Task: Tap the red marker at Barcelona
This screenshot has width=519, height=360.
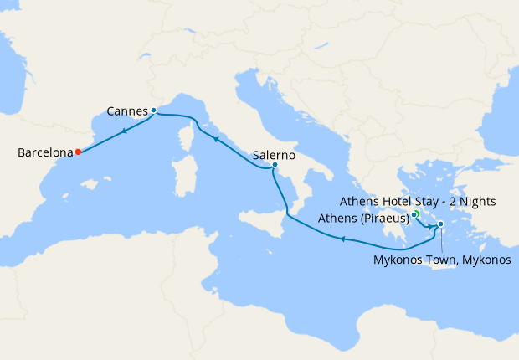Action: click(x=77, y=152)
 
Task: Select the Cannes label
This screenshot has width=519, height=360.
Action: click(x=127, y=111)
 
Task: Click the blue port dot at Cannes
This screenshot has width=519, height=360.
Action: click(x=154, y=111)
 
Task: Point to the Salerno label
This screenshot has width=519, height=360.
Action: click(x=273, y=155)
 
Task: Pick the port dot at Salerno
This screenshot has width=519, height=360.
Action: click(x=275, y=166)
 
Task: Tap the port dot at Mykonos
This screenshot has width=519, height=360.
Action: click(x=440, y=224)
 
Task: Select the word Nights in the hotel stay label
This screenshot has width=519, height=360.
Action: click(x=477, y=201)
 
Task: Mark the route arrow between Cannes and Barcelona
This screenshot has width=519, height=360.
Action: click(x=124, y=130)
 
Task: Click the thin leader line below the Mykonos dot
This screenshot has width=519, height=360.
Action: click(x=440, y=239)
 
